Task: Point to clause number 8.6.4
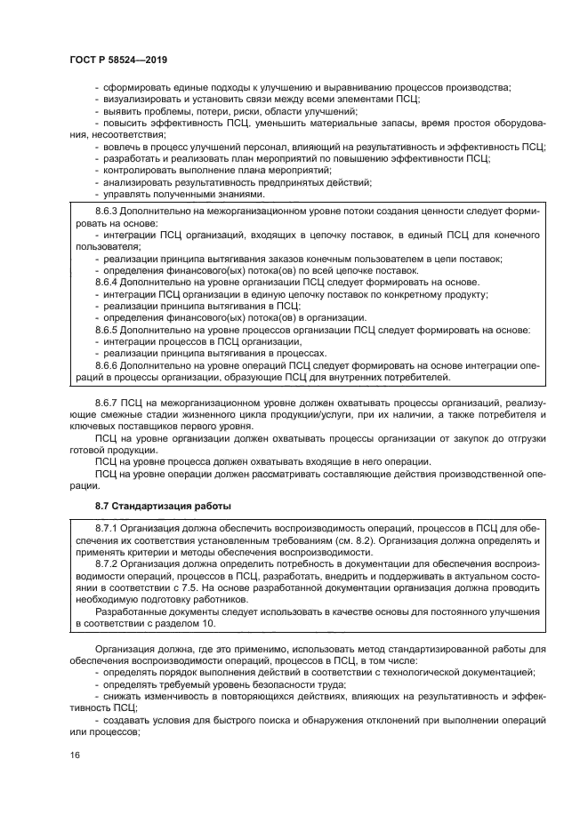click(108, 281)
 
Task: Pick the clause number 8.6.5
click(108, 330)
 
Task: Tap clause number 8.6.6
click(108, 364)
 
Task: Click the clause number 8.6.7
click(108, 403)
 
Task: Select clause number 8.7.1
click(108, 528)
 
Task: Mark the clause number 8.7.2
click(108, 563)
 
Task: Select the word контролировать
click(138, 170)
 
